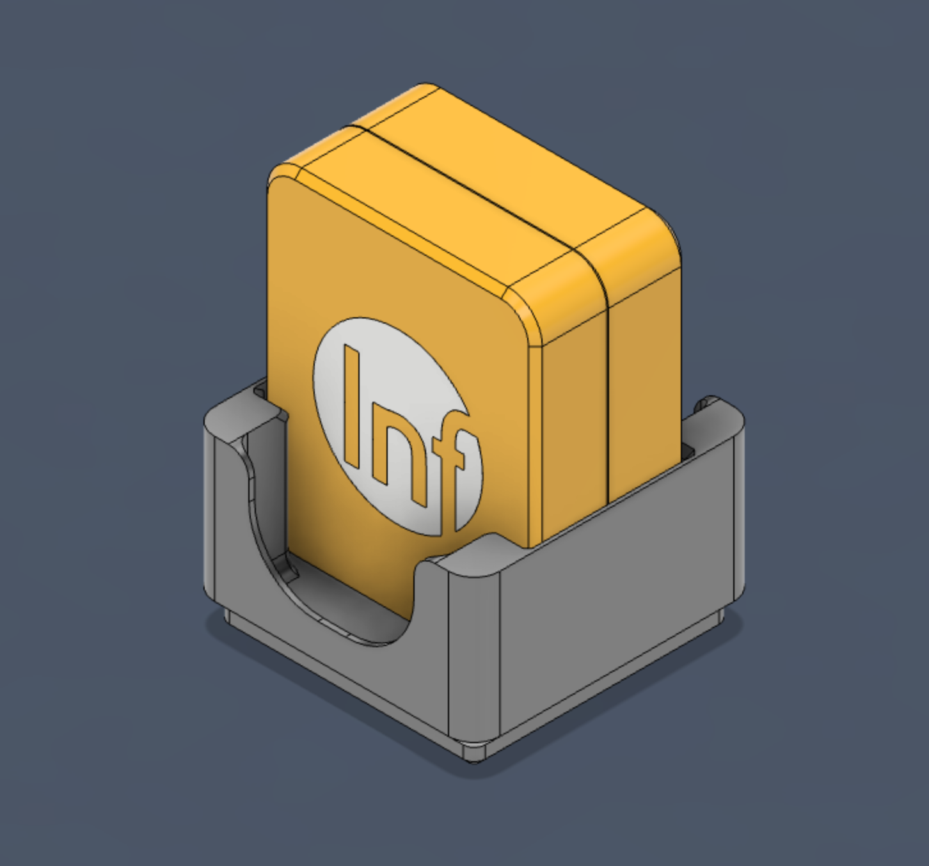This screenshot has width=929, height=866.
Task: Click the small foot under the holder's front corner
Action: click(x=473, y=752)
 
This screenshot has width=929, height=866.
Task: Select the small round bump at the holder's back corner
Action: click(x=708, y=402)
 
